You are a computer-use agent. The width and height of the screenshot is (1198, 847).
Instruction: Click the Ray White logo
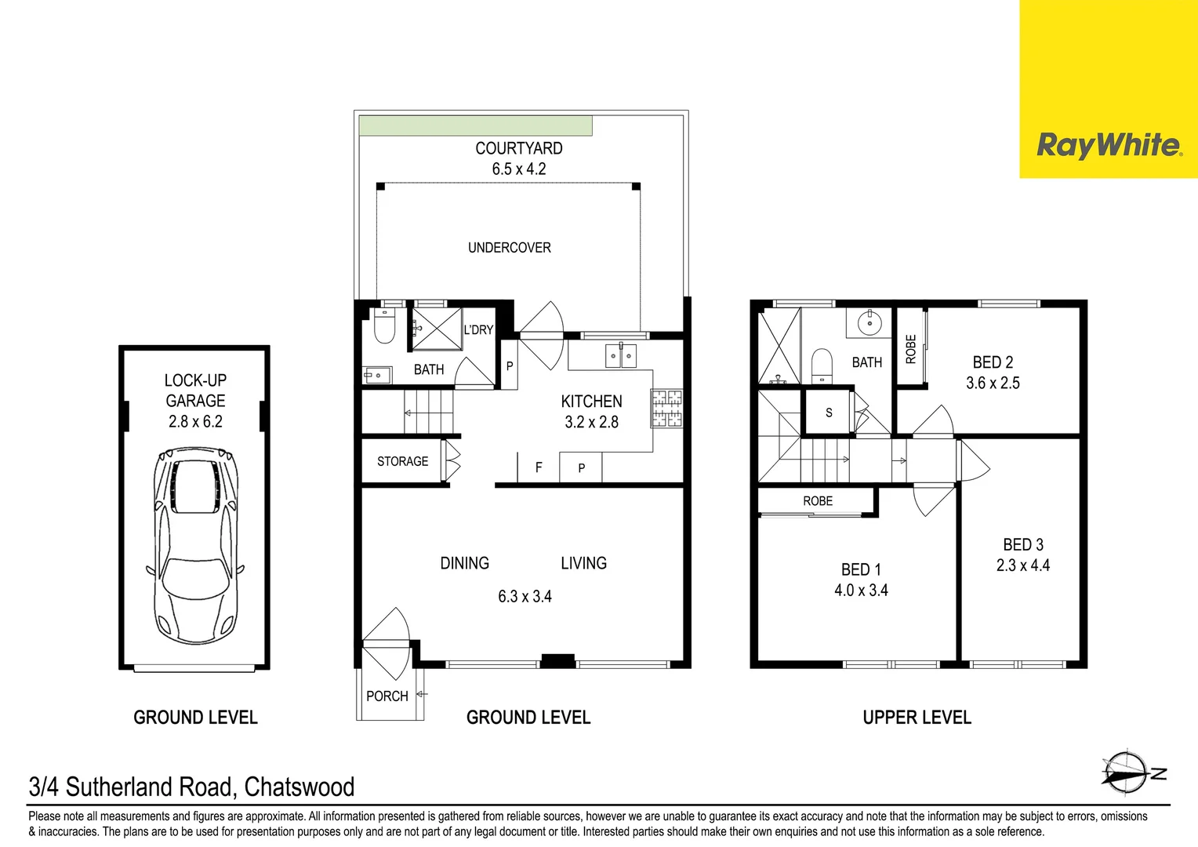point(1109,145)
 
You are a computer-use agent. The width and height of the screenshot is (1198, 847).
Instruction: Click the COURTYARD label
point(518,148)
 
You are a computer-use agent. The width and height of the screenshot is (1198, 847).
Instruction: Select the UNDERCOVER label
point(509,248)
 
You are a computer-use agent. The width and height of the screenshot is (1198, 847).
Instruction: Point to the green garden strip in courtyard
point(475,125)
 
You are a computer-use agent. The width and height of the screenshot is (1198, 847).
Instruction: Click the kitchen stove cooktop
point(666,409)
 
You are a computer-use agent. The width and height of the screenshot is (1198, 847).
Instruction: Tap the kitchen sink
point(620,355)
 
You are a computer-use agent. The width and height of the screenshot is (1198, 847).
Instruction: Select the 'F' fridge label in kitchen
point(539,467)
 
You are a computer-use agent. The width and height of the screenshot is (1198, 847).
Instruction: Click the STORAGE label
point(402,461)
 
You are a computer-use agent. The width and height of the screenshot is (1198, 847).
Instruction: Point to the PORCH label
point(387,696)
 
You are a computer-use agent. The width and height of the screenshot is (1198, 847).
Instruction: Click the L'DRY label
point(477,330)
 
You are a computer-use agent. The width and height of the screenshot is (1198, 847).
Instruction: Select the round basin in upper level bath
point(869,322)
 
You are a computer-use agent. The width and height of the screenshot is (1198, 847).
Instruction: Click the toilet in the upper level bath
point(821,365)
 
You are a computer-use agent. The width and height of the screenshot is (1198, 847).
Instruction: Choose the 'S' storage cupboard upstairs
point(829,413)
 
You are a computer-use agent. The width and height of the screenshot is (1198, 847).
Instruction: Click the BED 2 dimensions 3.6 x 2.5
point(993,384)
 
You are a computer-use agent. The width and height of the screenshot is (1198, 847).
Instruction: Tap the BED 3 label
point(1022,544)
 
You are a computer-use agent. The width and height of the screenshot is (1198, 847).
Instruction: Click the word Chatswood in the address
point(299,787)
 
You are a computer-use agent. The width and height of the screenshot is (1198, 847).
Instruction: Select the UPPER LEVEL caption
point(917,718)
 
